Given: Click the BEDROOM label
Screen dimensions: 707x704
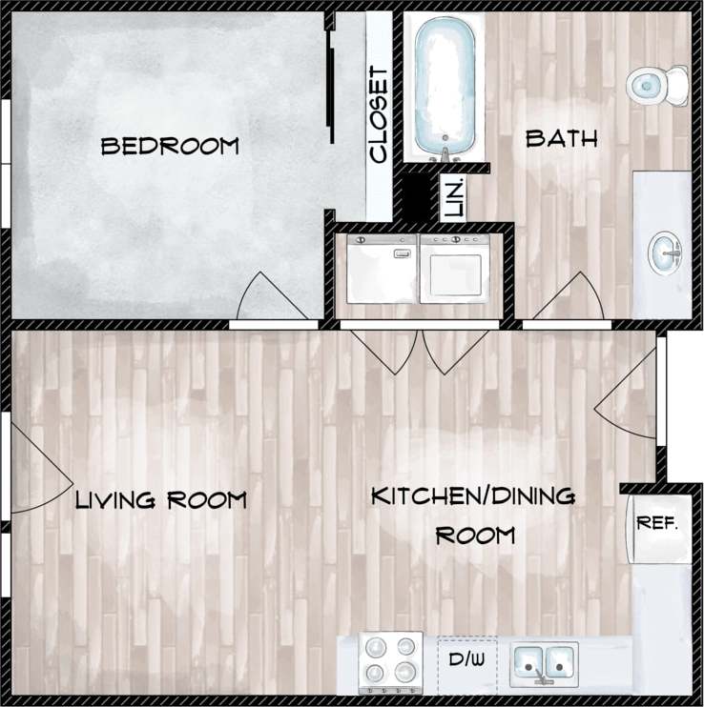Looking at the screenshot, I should pos(169,146).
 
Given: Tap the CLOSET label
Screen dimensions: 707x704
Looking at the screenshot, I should pos(379,114).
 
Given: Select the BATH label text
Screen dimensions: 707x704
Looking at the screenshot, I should pos(562,139).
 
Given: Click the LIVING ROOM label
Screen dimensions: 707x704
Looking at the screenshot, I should pos(161,499).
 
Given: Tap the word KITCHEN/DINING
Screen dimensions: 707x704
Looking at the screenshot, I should pos(473,496).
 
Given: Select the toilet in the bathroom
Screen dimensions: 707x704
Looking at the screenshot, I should pos(658,85).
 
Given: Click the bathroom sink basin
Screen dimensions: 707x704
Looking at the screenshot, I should pos(666,253).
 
